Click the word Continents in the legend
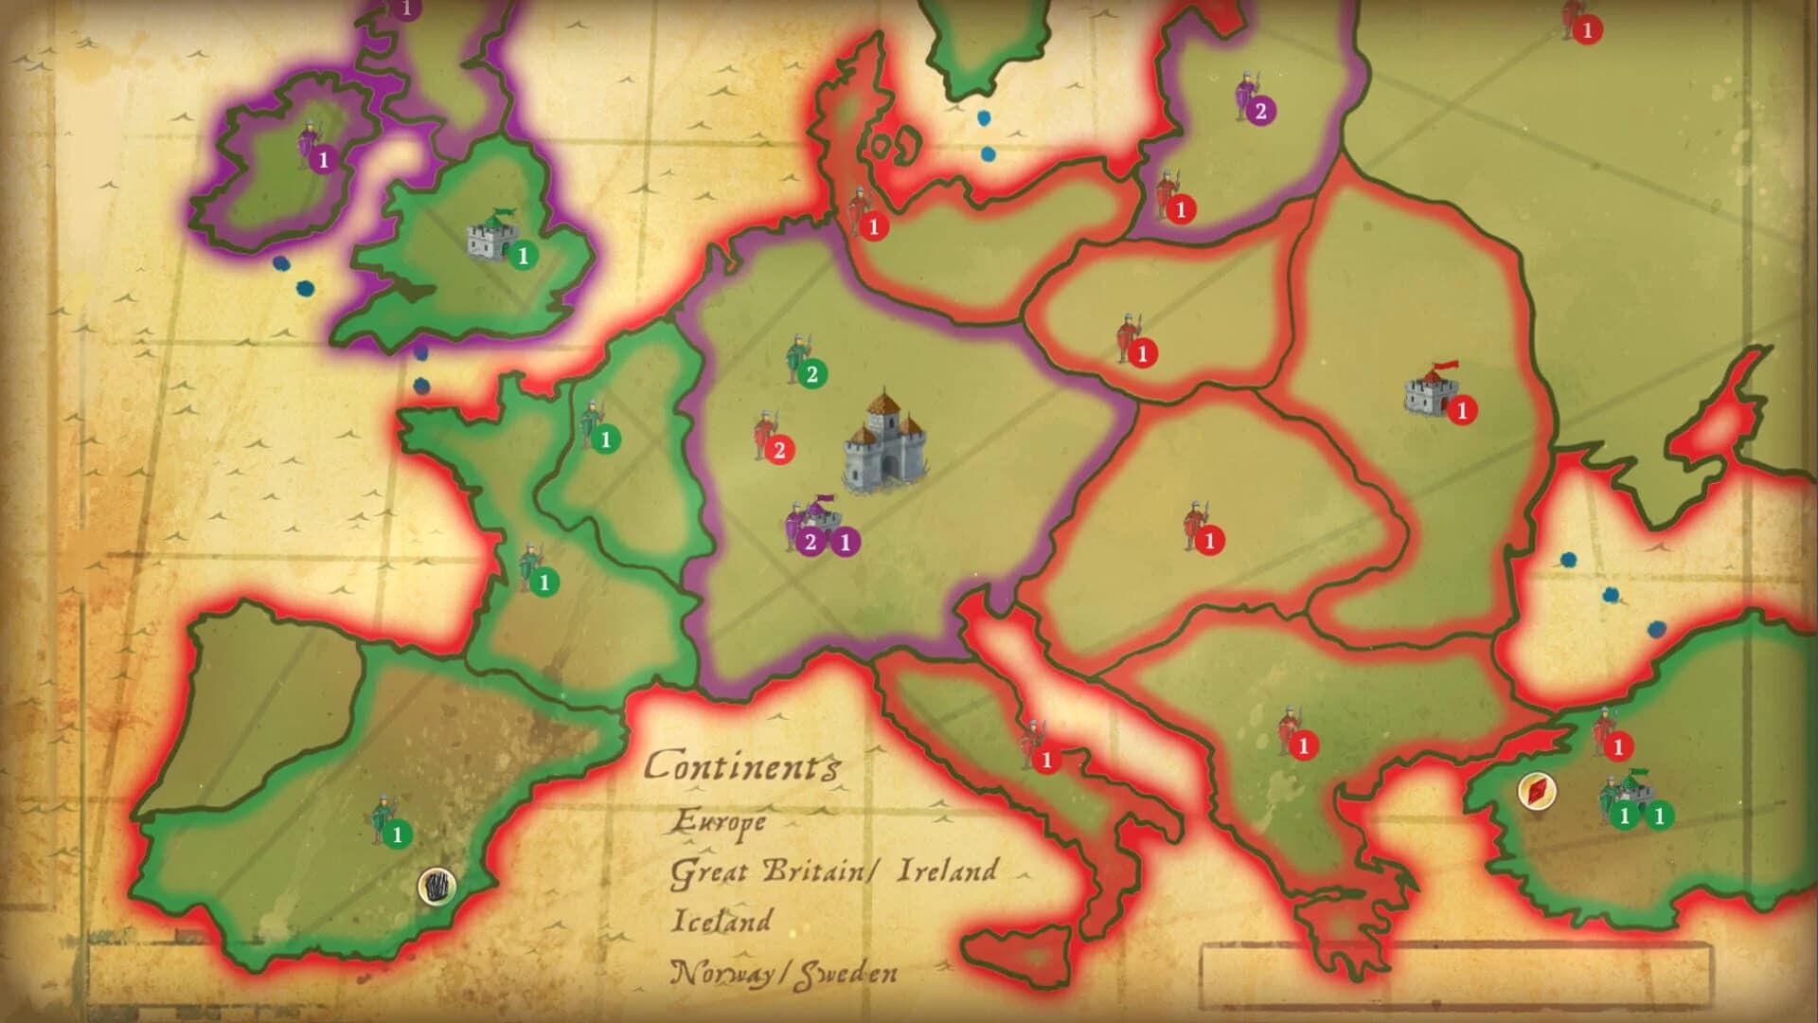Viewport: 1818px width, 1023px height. (x=741, y=765)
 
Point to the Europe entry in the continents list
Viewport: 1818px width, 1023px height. (x=719, y=822)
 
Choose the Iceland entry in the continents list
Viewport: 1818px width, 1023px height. (x=722, y=921)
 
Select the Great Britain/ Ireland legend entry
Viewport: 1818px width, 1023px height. (x=833, y=871)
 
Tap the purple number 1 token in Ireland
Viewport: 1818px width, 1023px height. (x=324, y=160)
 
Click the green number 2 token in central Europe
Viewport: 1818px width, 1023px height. (x=811, y=374)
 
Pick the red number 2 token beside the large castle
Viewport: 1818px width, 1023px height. (x=779, y=450)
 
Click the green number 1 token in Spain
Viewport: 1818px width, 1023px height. (x=398, y=835)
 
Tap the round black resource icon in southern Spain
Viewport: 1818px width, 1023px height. (x=437, y=887)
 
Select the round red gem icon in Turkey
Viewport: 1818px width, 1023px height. (x=1536, y=791)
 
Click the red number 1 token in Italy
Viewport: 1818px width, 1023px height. (x=1046, y=760)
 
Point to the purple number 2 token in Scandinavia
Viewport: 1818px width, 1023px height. (x=1260, y=112)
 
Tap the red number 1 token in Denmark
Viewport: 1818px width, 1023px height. (x=874, y=226)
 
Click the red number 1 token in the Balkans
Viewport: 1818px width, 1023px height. (x=1304, y=745)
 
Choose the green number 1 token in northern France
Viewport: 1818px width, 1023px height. (x=606, y=439)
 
